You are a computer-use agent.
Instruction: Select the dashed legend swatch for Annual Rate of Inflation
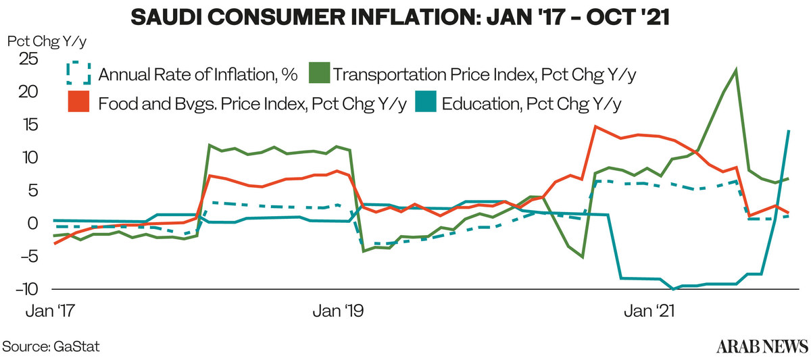pyautogui.click(x=79, y=74)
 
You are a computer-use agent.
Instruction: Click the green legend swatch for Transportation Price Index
pyautogui.click(x=319, y=74)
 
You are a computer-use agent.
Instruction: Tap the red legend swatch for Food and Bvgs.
pyautogui.click(x=79, y=104)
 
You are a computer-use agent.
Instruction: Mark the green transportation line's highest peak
pyautogui.click(x=735, y=70)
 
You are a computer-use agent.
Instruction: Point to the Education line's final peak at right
pyautogui.click(x=789, y=131)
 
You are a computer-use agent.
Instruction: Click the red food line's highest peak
pyautogui.click(x=595, y=126)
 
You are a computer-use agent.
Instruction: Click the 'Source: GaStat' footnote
pyautogui.click(x=52, y=346)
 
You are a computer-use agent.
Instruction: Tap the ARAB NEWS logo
pyautogui.click(x=762, y=346)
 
